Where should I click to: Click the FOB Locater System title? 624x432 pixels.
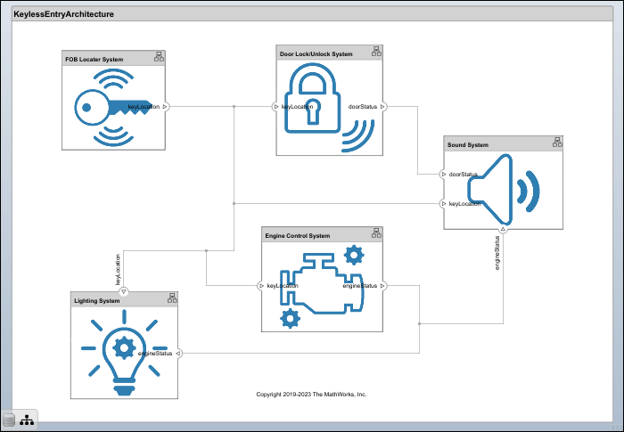tap(94, 59)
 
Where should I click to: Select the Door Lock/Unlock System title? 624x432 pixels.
tap(316, 53)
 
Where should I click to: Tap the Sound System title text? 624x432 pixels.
tap(466, 144)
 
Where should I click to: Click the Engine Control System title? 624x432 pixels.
tap(298, 235)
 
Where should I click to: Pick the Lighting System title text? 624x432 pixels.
tap(96, 301)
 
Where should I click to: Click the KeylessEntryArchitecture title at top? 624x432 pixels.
tap(57, 14)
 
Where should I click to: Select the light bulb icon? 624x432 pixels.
tap(123, 350)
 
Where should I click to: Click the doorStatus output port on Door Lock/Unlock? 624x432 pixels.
tap(383, 106)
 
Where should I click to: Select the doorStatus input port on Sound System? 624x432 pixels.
tap(443, 174)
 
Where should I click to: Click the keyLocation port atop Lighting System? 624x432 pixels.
tap(123, 291)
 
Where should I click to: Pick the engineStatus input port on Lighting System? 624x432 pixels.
tap(177, 354)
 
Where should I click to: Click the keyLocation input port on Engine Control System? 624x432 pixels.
tap(261, 286)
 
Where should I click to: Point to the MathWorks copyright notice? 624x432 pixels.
tap(311, 394)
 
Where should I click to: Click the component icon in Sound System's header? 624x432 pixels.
tap(556, 143)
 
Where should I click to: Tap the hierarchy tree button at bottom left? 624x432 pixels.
tap(27, 420)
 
